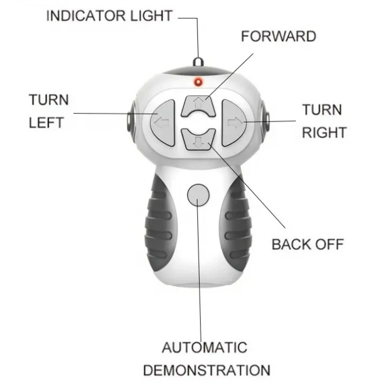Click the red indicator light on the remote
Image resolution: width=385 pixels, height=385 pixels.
click(198, 82)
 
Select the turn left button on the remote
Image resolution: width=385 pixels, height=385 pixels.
click(163, 122)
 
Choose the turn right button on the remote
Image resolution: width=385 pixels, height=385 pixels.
click(234, 123)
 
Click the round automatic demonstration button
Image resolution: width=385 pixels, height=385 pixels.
click(198, 195)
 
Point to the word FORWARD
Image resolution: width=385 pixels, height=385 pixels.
click(278, 36)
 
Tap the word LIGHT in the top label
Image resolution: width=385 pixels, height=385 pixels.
click(151, 16)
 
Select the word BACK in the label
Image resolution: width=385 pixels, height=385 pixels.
click(291, 244)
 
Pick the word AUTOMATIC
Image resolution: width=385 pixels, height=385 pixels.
click(205, 348)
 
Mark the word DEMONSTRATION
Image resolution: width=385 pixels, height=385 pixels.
click(207, 370)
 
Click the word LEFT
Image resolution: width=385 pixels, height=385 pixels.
click(46, 123)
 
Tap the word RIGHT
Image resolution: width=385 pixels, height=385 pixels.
click(324, 133)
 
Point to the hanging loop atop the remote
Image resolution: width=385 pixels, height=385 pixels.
click(198, 62)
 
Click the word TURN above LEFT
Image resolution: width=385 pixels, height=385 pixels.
click(49, 100)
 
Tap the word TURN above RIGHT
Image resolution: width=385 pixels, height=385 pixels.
click(322, 110)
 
